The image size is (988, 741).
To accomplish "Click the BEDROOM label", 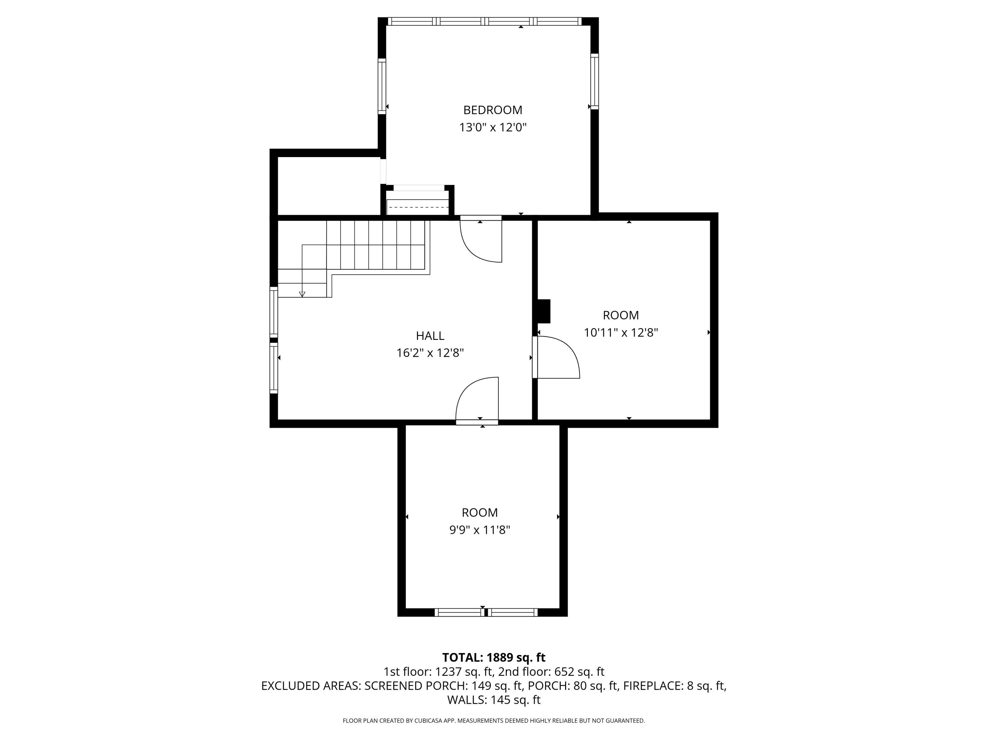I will click(493, 110).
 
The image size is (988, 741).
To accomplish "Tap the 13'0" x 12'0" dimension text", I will click(493, 128).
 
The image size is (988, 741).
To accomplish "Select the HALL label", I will click(430, 336).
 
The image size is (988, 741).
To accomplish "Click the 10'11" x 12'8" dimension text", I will click(621, 333).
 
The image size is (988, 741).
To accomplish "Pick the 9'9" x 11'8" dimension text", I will click(480, 530).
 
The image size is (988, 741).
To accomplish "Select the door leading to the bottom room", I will click(477, 400).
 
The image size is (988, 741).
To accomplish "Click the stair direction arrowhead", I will click(302, 294).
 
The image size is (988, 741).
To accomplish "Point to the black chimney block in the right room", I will click(544, 311).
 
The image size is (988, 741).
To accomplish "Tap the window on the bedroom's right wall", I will click(594, 81).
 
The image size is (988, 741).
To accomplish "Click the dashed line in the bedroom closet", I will click(417, 207).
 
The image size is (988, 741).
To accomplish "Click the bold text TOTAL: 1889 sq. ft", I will click(494, 657).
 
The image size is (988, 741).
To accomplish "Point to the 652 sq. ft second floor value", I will click(579, 672).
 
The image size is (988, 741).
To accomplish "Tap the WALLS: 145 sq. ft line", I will click(494, 700).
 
